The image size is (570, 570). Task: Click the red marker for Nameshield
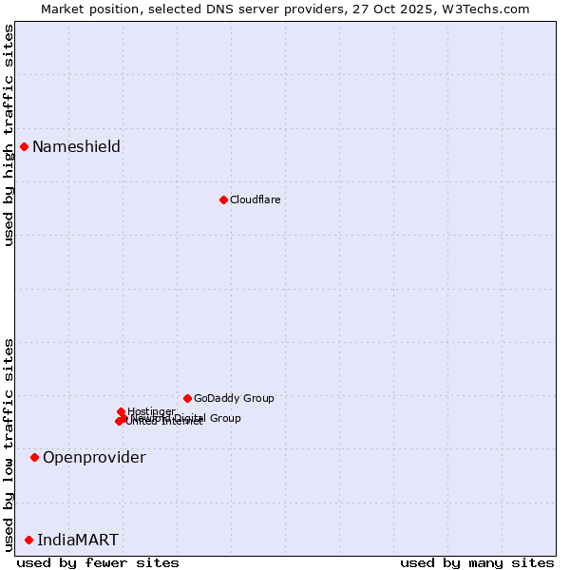[24, 146]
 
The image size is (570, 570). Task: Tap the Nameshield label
[76, 146]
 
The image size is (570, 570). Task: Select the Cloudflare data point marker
[223, 199]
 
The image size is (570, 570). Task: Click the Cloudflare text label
[255, 199]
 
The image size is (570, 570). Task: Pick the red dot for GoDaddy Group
[187, 398]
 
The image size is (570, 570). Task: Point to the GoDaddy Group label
[234, 398]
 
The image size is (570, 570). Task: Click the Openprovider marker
[34, 457]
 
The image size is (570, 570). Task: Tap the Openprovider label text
[94, 458]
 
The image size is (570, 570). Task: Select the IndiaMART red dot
[28, 540]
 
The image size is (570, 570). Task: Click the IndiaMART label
[78, 541]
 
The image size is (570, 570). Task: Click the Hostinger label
[151, 411]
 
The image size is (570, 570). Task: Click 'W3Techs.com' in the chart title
[490, 9]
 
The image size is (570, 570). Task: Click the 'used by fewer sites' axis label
[98, 562]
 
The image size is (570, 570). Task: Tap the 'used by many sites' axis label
[477, 562]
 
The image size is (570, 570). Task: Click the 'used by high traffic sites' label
[9, 135]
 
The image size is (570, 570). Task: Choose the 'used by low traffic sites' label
[9, 444]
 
